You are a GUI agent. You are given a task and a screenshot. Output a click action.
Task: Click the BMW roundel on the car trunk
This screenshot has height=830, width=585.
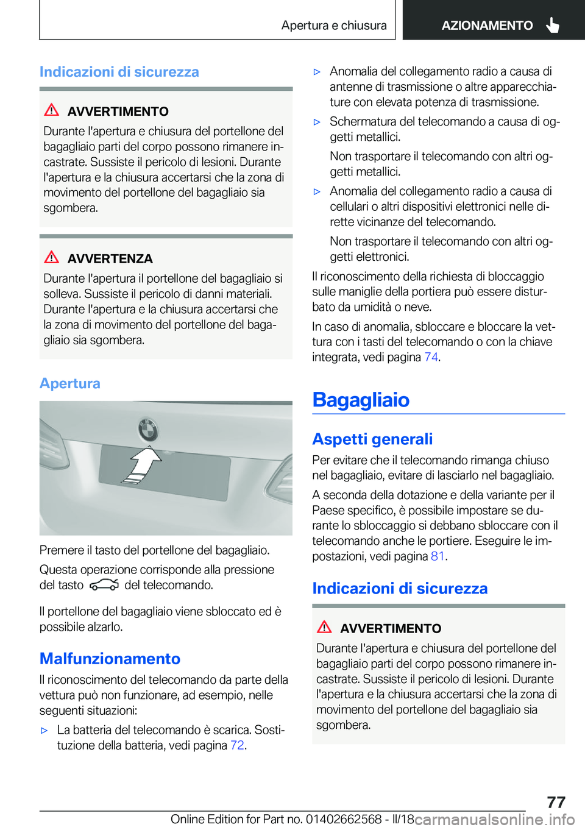147,430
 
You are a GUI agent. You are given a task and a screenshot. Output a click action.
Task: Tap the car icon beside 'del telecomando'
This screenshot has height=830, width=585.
104,585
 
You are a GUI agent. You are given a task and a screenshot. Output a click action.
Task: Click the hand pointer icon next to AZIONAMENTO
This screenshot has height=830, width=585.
553,25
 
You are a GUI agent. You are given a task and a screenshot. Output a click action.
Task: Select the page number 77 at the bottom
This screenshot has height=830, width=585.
556,802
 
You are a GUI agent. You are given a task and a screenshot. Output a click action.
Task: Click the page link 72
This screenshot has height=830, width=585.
237,745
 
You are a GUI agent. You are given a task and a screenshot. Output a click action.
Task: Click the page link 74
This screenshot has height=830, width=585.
431,357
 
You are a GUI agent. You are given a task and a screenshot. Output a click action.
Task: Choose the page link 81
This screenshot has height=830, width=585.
438,556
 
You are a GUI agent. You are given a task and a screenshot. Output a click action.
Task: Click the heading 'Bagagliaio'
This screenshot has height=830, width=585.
361,400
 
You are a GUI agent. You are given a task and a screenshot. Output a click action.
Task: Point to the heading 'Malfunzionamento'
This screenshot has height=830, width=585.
110,659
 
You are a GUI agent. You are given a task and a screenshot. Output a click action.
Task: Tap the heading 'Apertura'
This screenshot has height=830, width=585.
70,383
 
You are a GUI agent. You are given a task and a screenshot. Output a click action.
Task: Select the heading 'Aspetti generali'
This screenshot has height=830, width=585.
372,439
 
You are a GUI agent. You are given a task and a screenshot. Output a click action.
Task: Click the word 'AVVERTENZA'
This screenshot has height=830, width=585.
110,259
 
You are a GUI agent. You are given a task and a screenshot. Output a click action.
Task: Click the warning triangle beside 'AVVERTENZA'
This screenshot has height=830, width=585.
52,257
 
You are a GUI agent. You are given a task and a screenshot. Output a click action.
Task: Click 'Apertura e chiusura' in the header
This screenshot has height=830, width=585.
334,26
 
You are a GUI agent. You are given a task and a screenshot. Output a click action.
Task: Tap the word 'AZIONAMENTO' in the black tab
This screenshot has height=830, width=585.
487,26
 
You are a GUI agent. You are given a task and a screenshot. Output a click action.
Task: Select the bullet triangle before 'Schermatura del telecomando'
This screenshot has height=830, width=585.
317,122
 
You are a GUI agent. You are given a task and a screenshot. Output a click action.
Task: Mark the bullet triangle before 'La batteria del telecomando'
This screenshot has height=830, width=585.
44,730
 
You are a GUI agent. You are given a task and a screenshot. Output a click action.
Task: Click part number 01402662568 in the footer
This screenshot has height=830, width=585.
344,819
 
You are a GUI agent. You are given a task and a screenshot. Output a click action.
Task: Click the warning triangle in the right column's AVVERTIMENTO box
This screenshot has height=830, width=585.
324,626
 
